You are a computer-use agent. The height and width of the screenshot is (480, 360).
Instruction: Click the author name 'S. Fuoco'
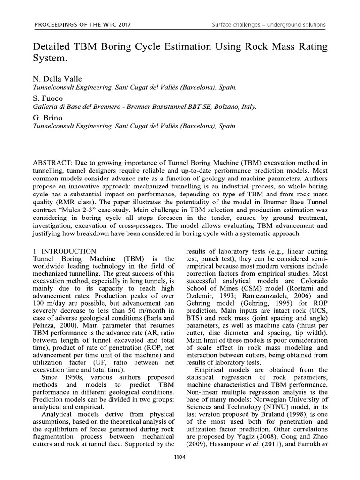pos(46,98)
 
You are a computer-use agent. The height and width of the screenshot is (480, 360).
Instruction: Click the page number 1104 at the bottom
pos(180,457)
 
